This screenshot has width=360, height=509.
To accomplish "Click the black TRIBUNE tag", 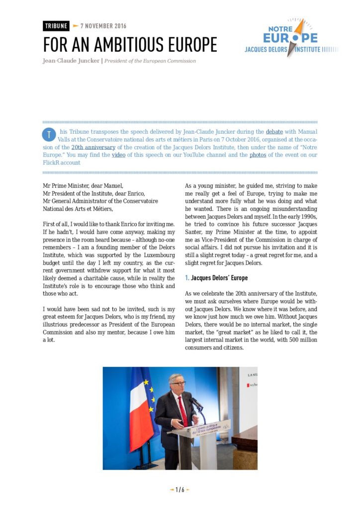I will point(56,26).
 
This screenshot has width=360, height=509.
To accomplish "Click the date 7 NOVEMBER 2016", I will point(103,26).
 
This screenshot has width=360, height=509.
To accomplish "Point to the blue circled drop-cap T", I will point(49,134).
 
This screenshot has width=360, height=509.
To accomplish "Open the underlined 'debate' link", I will point(274,132).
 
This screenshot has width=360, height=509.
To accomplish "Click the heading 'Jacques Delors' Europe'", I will point(219,277).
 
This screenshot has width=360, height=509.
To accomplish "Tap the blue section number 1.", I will point(186,277).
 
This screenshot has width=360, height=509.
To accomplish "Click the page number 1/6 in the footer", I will point(180,490).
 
